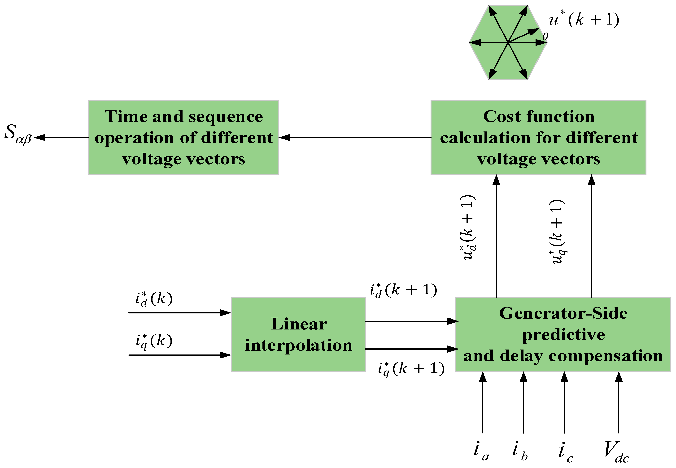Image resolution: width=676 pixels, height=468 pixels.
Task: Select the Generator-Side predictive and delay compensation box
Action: coord(563,334)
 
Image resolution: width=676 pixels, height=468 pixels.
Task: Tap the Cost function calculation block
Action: coord(538,138)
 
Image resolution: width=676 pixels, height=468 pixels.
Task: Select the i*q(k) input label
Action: coord(153,341)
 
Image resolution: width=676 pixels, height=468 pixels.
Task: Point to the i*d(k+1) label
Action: coord(403,290)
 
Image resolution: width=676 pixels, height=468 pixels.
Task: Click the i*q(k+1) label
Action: coord(411,369)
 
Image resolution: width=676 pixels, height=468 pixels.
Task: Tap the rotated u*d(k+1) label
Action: coord(468,227)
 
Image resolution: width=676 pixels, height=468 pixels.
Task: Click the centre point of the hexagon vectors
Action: coord(508,42)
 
